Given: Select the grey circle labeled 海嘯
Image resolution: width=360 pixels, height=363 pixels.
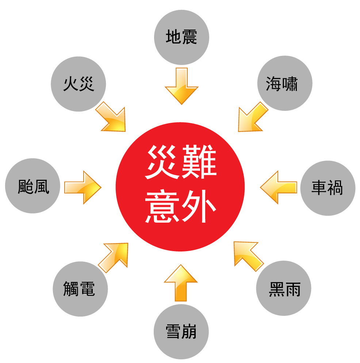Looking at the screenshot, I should (284, 83).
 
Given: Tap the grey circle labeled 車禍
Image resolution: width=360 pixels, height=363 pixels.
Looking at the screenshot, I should (328, 188).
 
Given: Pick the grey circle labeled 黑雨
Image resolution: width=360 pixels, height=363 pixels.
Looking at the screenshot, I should (284, 288).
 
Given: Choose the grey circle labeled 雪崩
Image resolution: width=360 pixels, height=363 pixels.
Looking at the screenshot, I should (181, 332).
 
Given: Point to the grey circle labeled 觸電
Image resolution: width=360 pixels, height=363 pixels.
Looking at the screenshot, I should (80, 289).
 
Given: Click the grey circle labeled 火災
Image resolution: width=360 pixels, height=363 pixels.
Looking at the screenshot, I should (78, 84).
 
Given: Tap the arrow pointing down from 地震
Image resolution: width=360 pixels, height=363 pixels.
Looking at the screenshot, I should (181, 86).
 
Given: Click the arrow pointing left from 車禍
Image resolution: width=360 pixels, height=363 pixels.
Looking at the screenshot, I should (278, 187).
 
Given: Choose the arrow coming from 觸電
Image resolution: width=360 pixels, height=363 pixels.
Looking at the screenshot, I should (115, 256).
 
